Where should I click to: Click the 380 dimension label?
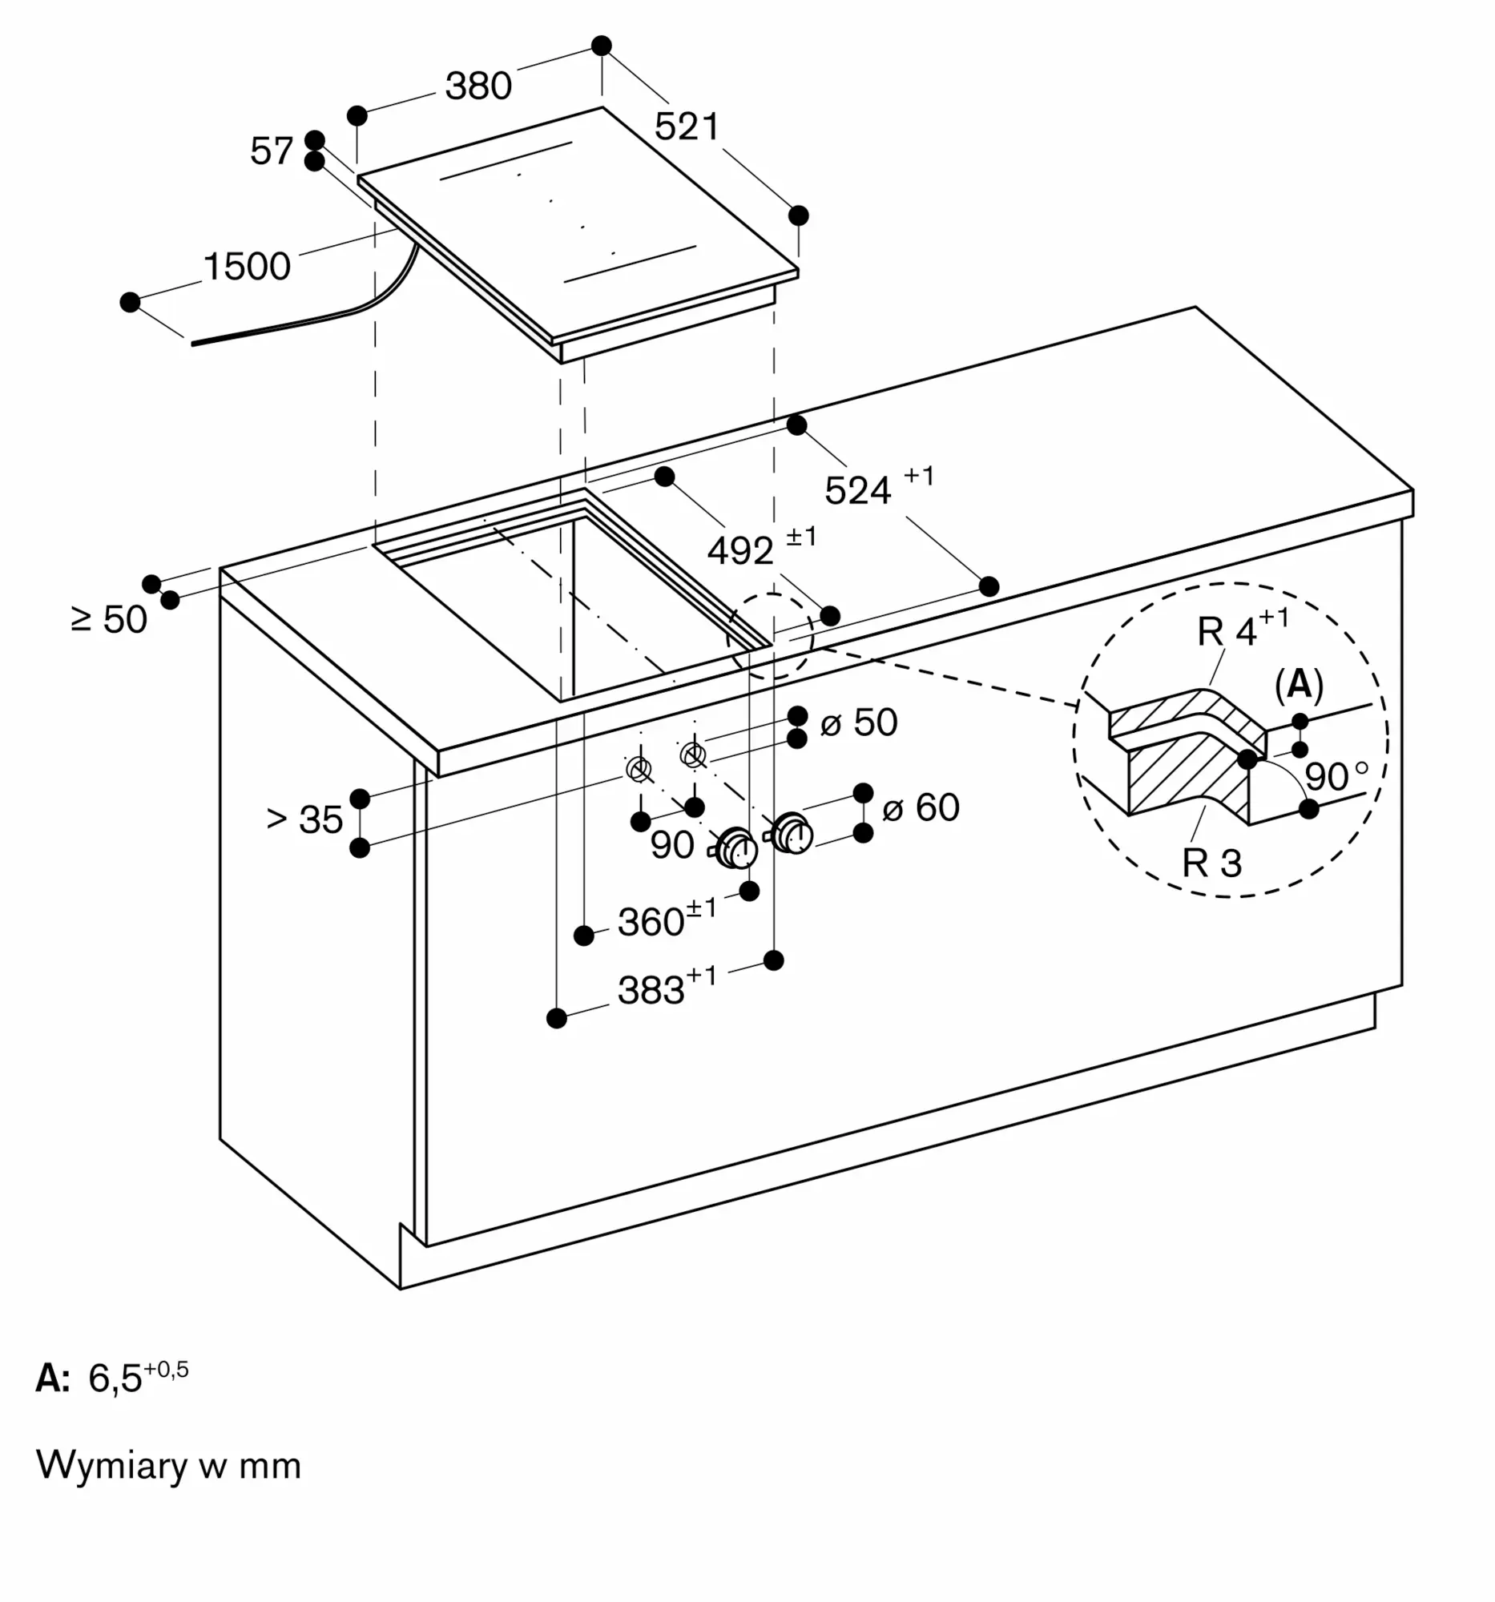pyautogui.click(x=479, y=87)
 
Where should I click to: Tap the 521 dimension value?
pyautogui.click(x=687, y=127)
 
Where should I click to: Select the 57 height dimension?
pyautogui.click(x=272, y=151)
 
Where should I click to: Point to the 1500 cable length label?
pyautogui.click(x=247, y=267)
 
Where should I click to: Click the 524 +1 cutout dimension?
pyautogui.click(x=879, y=486)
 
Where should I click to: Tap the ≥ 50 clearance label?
pyautogui.click(x=110, y=620)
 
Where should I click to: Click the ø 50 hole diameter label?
pyautogui.click(x=859, y=723)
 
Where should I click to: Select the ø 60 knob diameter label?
pyautogui.click(x=921, y=807)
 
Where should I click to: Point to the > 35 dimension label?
pyautogui.click(x=304, y=819)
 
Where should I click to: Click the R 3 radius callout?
pyautogui.click(x=1212, y=863)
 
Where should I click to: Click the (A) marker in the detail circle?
pyautogui.click(x=1300, y=685)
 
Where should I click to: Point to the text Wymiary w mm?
pyautogui.click(x=168, y=1465)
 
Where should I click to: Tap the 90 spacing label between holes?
pyautogui.click(x=672, y=845)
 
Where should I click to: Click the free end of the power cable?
pyautogui.click(x=191, y=344)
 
